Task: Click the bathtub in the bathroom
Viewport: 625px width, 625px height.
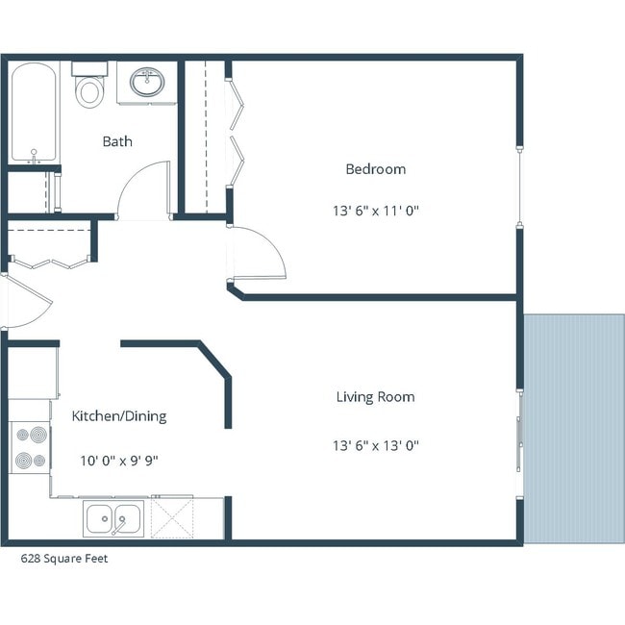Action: (x=35, y=113)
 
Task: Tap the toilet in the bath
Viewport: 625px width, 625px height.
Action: (x=90, y=87)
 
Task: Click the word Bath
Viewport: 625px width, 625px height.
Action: (x=117, y=141)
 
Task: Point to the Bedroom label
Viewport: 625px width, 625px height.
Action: (x=375, y=169)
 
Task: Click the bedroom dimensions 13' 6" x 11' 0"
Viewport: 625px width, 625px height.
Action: (x=375, y=210)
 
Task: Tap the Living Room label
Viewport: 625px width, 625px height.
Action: (x=375, y=397)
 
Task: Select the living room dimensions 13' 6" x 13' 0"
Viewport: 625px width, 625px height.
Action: (x=375, y=445)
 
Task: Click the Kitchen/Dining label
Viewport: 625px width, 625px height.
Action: (x=119, y=416)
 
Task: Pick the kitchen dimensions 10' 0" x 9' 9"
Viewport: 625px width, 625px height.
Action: (x=119, y=461)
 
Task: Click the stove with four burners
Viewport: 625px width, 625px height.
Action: (x=30, y=448)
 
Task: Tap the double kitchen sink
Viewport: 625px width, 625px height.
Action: (x=113, y=519)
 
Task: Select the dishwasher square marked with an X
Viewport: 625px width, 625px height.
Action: (x=173, y=519)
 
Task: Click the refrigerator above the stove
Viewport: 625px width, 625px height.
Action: (x=33, y=373)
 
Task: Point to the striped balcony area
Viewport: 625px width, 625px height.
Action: (x=574, y=428)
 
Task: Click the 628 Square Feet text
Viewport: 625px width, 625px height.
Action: (x=64, y=559)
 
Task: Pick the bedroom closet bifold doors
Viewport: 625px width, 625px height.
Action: (x=232, y=135)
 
